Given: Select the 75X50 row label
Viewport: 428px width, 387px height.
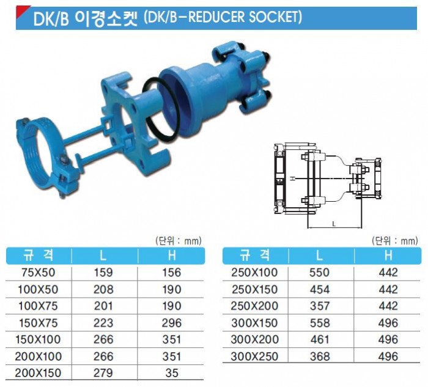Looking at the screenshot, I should pyautogui.click(x=39, y=273).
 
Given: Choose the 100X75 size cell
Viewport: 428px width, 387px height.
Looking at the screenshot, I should pyautogui.click(x=39, y=306).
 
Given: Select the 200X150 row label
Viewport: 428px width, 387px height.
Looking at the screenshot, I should pyautogui.click(x=39, y=372).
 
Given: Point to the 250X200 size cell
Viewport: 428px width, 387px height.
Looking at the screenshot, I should pyautogui.click(x=255, y=306).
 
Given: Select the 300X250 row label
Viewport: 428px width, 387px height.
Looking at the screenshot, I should pyautogui.click(x=255, y=356).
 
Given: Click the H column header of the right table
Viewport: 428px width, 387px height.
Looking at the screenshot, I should pyautogui.click(x=388, y=255).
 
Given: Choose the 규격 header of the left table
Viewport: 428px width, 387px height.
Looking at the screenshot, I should pyautogui.click(x=39, y=255).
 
